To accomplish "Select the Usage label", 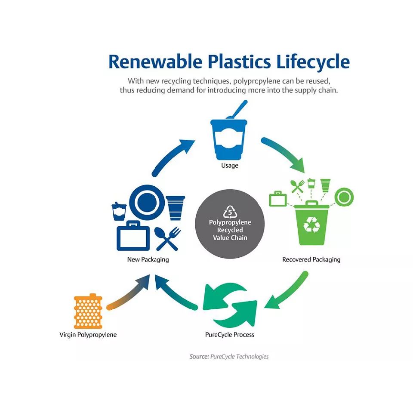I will click(229, 165).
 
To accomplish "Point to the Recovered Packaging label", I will click(311, 259).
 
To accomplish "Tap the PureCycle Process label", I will click(229, 334).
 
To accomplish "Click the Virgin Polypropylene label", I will click(88, 334).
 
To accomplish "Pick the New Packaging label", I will click(148, 259).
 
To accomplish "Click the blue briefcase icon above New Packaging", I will click(133, 236).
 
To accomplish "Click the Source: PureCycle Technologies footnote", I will click(229, 357).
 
